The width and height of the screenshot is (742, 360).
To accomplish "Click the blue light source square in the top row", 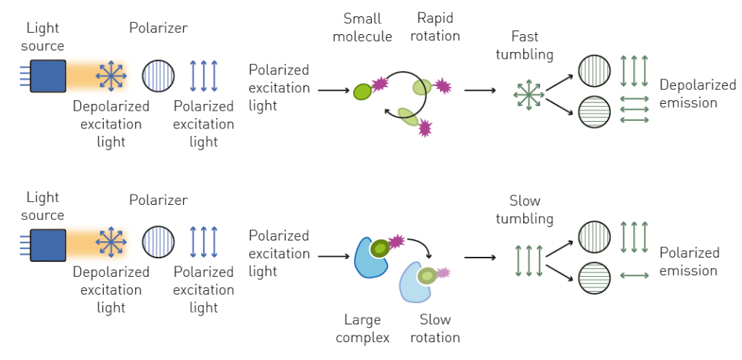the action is tap(47, 76).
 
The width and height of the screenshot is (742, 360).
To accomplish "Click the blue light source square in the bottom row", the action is tap(47, 245).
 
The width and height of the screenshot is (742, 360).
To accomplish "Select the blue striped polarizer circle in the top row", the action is tap(158, 76).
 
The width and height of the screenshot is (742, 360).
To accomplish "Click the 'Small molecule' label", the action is tap(363, 27).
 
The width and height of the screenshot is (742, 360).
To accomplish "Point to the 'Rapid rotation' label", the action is tap(435, 27).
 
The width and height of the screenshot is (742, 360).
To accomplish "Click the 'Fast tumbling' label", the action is tap(525, 45).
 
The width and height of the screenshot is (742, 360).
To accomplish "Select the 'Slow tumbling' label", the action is tap(525, 210).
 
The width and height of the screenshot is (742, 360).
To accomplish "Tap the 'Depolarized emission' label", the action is tap(697, 94).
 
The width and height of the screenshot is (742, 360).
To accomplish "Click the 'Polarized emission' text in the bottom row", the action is tap(689, 261).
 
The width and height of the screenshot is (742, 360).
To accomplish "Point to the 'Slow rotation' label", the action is tap(435, 329).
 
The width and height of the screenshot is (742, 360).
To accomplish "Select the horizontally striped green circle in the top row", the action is tap(594, 112).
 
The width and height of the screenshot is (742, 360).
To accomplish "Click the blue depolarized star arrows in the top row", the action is tap(111, 76).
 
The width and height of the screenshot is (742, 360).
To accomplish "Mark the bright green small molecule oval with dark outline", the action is tap(363, 91).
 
